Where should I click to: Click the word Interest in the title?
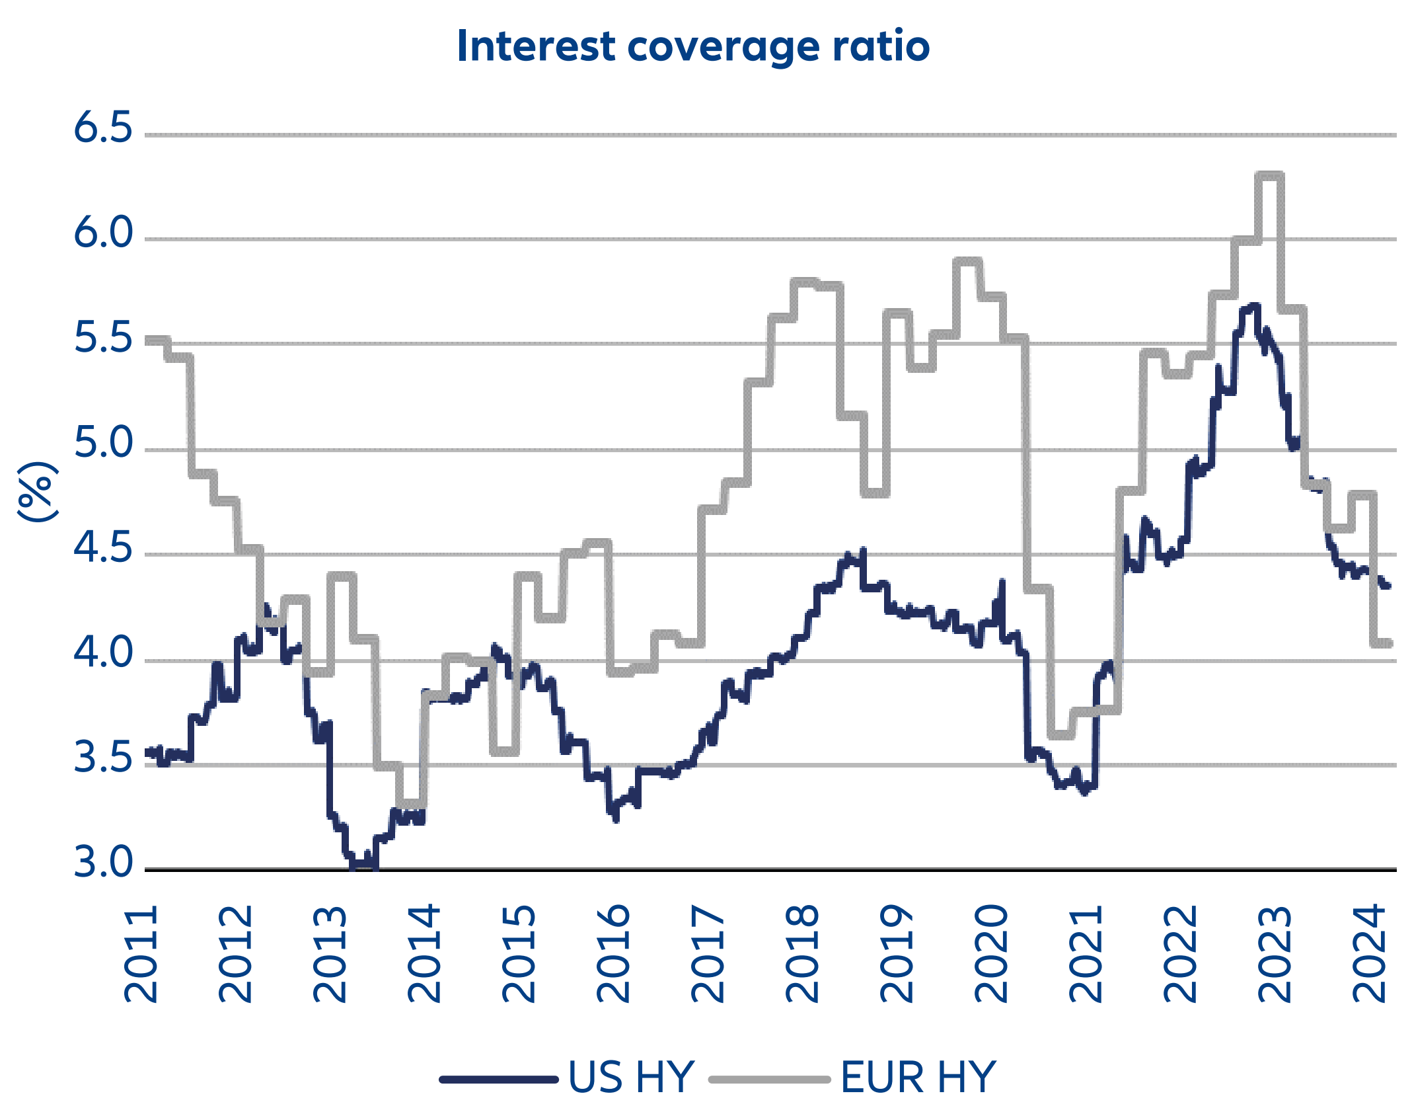pos(537,46)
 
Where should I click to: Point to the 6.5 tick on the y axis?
pos(103,127)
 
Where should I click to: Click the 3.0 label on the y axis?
pos(103,862)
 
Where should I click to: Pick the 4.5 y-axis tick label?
pos(103,547)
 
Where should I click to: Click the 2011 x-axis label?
pos(141,955)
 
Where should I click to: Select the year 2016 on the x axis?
pos(614,955)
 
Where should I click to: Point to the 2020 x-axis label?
pos(992,955)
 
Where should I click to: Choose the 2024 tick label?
pos(1369,955)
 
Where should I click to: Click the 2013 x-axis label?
pos(330,955)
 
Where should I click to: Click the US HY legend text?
pos(631,1077)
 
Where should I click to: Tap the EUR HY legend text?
pos(917,1077)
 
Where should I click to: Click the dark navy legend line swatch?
pos(499,1080)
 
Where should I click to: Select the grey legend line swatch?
pos(769,1080)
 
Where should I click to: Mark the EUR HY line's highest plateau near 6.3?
pos(1269,175)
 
